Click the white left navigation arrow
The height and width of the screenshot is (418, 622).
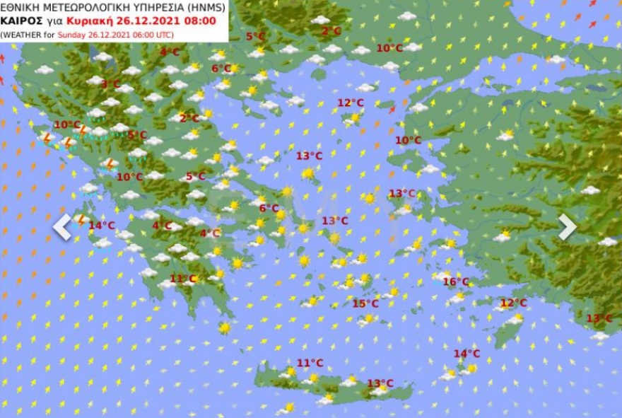click(63, 227)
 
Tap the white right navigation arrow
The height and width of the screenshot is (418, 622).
click(568, 227)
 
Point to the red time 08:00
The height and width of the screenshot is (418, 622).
click(201, 21)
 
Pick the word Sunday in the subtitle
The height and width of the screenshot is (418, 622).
click(72, 34)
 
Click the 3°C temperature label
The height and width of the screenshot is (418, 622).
click(110, 83)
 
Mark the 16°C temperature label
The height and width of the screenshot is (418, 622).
click(456, 281)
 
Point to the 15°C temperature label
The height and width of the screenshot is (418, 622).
click(365, 303)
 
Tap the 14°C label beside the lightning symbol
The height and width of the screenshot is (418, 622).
click(102, 226)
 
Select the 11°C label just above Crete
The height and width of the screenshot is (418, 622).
click(310, 363)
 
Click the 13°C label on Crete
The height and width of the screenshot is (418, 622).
click(380, 383)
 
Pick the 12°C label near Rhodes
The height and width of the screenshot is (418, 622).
click(514, 303)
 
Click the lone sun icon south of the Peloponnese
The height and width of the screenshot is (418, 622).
click(225, 328)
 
